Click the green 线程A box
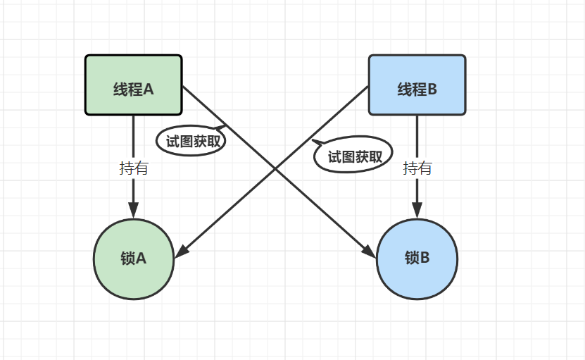coord(134,85)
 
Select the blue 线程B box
coord(417,85)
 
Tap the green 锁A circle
coord(133,259)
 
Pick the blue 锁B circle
coord(417,259)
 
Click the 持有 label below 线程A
coord(134,168)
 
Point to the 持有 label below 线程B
coord(417,168)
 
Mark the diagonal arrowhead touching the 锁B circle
coord(369,250)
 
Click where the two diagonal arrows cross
coord(275,170)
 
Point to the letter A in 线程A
coord(149,89)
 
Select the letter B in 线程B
coord(432,89)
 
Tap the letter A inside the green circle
coord(141,259)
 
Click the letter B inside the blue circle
coord(424,259)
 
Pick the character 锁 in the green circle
coord(127,259)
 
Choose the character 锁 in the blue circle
coord(411,259)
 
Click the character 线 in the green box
coord(120,89)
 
